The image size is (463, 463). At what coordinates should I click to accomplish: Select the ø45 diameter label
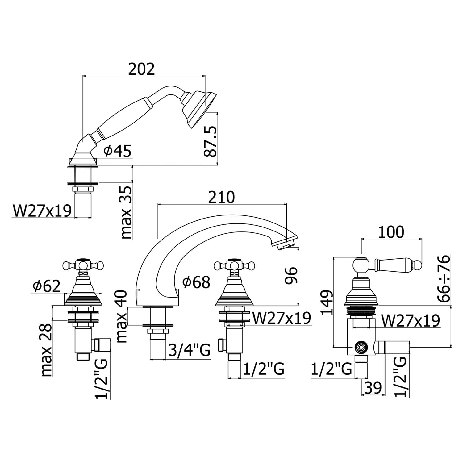coord(118,151)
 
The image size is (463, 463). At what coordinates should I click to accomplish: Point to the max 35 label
coord(127,213)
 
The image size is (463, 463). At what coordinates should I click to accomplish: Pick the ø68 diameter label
coord(196,282)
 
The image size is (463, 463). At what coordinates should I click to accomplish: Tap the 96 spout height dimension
coord(290,275)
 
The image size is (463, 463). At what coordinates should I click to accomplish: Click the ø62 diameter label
coord(47,286)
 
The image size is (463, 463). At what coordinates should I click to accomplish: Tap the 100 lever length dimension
coord(391,232)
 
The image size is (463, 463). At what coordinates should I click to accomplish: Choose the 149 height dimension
coord(327,302)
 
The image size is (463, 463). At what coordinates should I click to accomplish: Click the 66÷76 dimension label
coord(444,279)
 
